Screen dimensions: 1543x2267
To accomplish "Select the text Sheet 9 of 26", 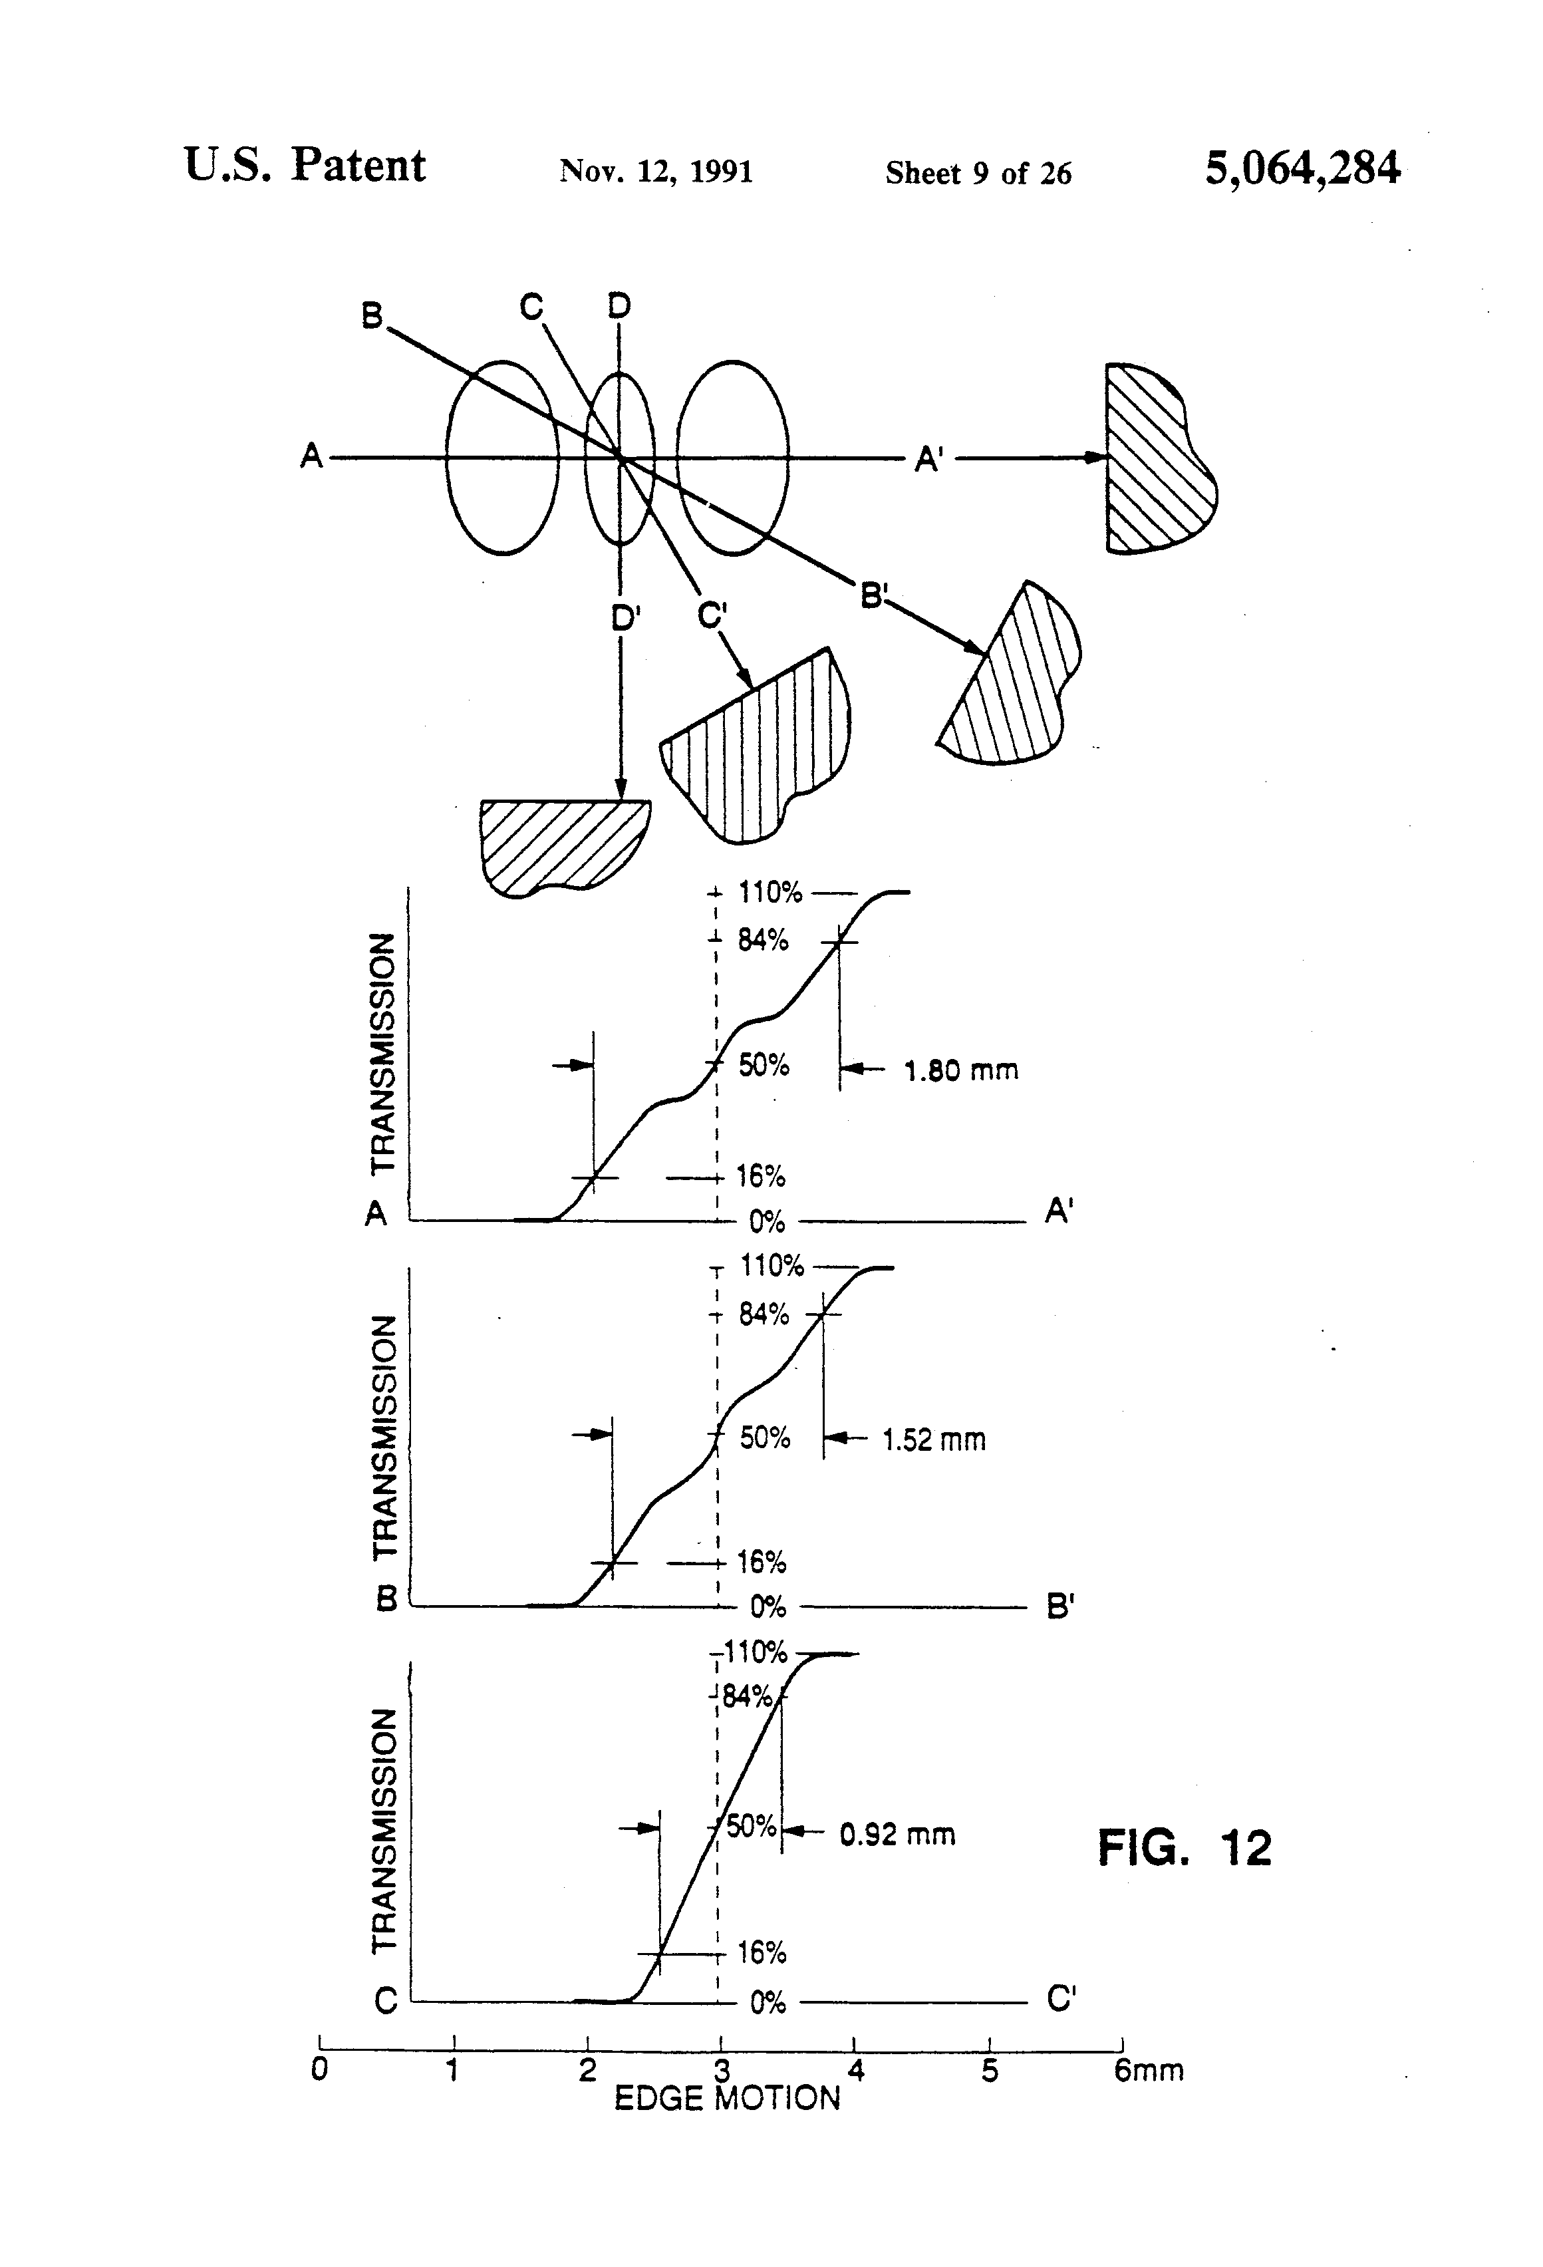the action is [978, 174].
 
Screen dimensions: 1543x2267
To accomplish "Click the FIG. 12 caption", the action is [1185, 1847].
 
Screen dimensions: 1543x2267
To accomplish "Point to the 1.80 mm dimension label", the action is [961, 1071].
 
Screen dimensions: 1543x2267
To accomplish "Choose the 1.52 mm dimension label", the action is [933, 1439].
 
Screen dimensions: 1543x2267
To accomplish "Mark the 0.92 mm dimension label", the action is [897, 1835].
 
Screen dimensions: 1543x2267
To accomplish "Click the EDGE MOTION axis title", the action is [727, 2098].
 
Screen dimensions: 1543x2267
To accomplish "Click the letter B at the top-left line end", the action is [372, 317].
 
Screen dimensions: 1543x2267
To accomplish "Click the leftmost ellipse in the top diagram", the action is [502, 458].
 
